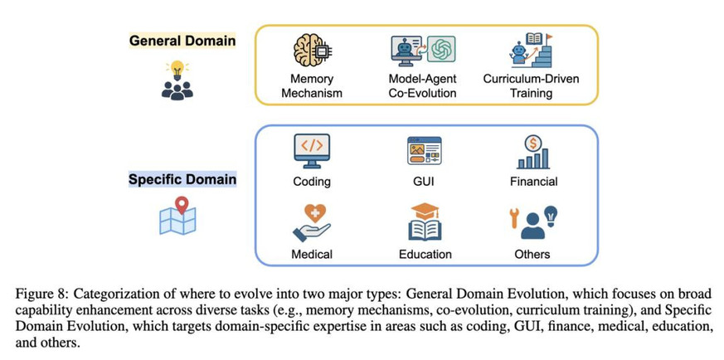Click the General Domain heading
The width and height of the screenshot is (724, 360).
coord(182,41)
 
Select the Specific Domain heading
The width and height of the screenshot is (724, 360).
coord(182,179)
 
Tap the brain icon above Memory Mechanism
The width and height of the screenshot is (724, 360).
coord(312,50)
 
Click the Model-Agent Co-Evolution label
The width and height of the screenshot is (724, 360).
coord(422,85)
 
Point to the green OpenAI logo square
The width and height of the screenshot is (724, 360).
coord(441,49)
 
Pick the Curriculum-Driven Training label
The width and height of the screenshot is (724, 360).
coord(531,85)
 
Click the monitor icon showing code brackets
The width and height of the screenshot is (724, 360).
coord(312,150)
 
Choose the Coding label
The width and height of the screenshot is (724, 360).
coord(312,181)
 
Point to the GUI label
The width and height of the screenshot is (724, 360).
coord(424,181)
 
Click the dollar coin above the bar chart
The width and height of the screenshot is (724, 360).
coord(534,144)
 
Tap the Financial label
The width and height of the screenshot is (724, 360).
coord(534,181)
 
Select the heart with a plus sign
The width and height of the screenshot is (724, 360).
coord(315,213)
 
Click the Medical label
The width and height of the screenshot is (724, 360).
coord(312,254)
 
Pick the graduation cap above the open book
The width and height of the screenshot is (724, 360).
coord(425,212)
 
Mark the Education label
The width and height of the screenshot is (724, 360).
coord(425,254)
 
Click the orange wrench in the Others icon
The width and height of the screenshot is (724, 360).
coord(513,218)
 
